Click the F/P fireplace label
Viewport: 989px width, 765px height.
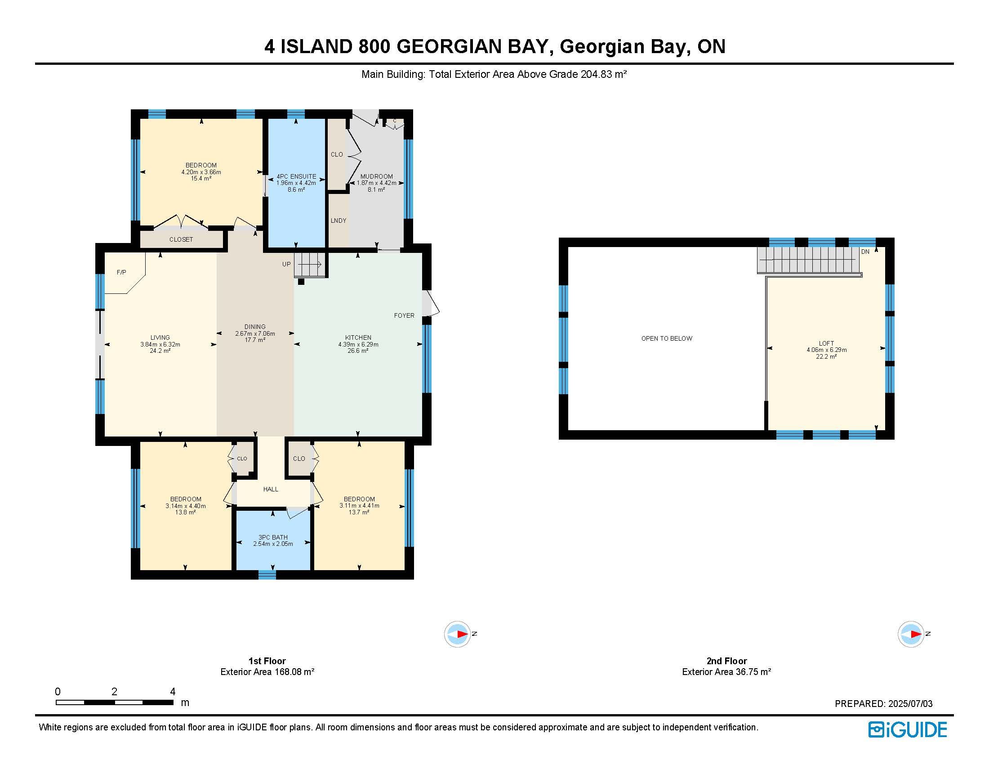[121, 272]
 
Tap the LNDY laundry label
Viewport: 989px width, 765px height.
[338, 220]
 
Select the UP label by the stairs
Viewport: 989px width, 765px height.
[287, 264]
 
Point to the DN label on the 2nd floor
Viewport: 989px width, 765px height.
[865, 252]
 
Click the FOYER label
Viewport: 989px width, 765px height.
[404, 315]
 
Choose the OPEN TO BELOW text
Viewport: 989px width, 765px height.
[667, 338]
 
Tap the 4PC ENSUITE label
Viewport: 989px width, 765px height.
[296, 176]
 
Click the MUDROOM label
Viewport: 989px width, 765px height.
[376, 176]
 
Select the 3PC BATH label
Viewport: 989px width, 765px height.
[273, 537]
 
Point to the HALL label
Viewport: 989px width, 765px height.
[271, 489]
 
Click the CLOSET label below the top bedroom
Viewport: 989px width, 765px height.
[181, 239]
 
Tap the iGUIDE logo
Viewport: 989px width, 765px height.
[908, 729]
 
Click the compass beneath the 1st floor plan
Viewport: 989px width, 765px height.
[457, 634]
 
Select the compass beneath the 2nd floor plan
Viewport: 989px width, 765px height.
[911, 634]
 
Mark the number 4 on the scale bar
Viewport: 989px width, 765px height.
[173, 692]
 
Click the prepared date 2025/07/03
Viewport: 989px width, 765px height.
[910, 704]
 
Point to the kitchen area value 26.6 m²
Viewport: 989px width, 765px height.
[358, 351]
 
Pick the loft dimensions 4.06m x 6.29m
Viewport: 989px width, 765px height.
[826, 350]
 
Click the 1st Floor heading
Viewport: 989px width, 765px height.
[267, 661]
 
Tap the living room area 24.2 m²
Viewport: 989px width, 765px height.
[160, 351]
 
